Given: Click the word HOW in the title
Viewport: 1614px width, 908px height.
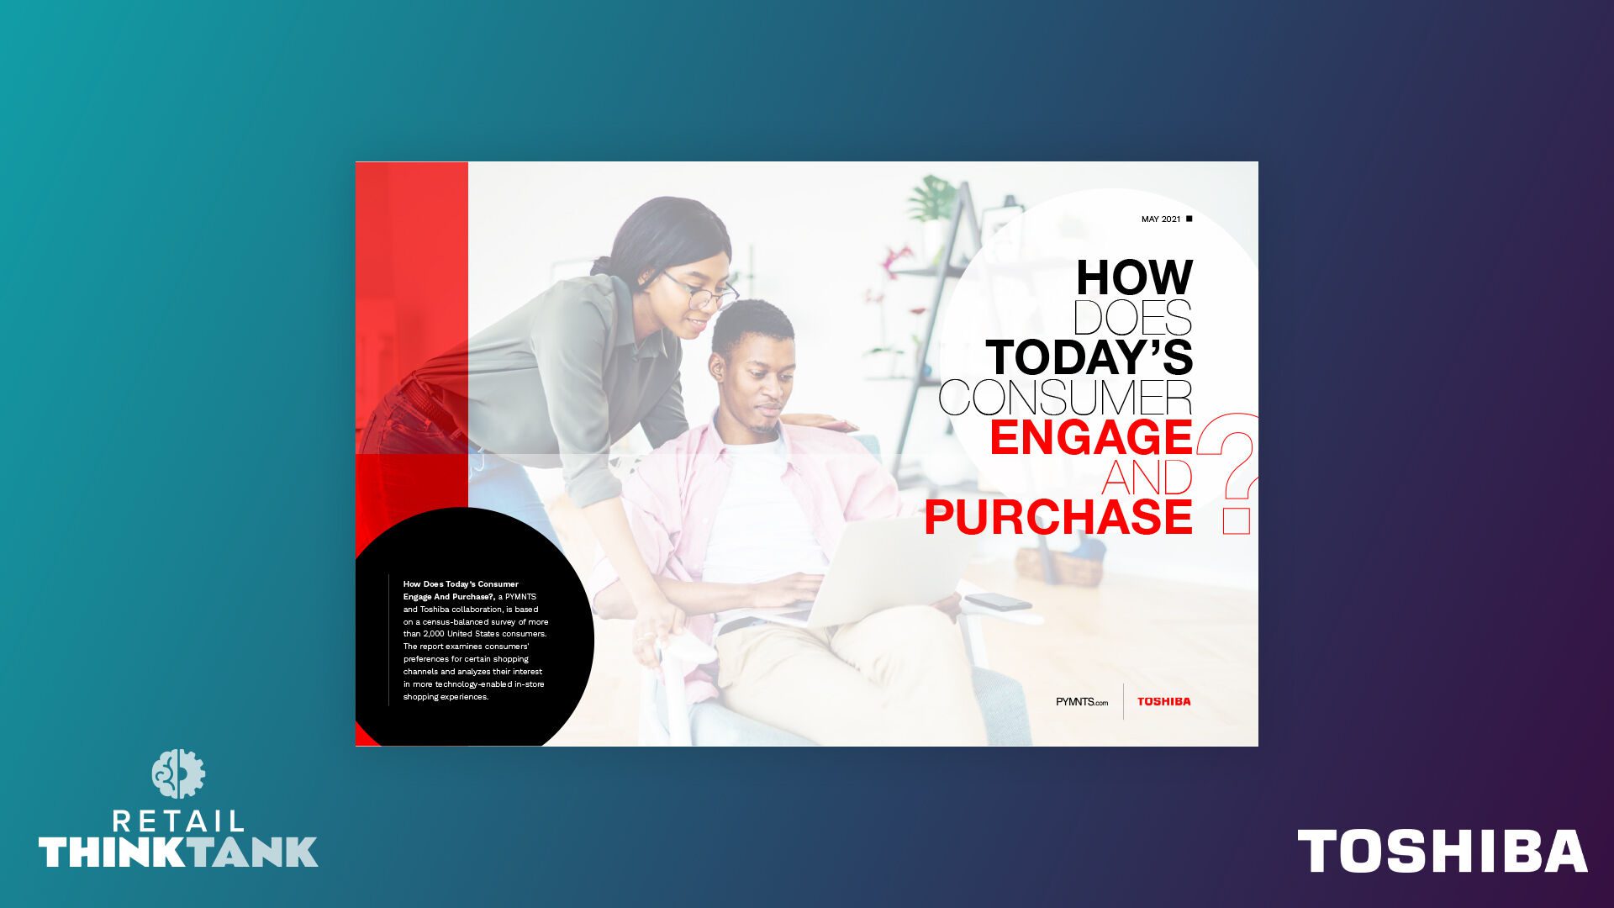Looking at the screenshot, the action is coord(1134,277).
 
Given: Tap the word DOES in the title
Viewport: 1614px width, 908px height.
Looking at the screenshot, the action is coord(1132,317).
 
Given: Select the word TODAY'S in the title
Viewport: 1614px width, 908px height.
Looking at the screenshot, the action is coord(1089,356).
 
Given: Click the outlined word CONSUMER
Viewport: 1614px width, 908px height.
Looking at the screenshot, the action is coord(1066,397).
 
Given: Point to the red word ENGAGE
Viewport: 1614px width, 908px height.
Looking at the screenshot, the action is coord(1091,437).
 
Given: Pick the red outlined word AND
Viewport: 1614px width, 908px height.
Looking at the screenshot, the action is coord(1147,477).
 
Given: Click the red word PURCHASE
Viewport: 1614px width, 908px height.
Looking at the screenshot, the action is coord(1058,516).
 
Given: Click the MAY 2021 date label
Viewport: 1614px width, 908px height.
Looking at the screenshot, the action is coord(1161,219).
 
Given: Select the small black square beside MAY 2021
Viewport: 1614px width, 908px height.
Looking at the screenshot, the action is coord(1189,219).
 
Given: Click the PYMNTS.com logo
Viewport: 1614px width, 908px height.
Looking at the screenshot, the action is coord(1082,702).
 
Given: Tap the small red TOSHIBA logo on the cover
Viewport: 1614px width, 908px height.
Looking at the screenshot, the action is coord(1164,701).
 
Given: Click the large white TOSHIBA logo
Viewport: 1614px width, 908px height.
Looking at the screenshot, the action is coord(1443,851).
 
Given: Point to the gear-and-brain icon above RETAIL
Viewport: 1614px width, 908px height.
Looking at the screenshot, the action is coord(178,773).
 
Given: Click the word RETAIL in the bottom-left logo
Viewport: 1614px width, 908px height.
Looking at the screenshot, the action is coord(178,821).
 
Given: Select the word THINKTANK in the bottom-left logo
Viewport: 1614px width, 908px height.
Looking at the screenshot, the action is coord(178,853).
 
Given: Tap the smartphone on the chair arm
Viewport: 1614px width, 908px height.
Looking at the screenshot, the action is coord(998,602).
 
